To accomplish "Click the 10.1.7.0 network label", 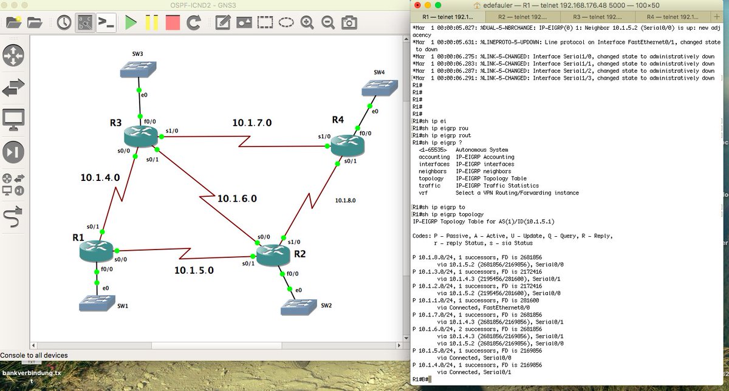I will point(252,123).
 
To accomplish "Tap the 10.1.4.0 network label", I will point(100,178).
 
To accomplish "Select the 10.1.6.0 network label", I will point(238,199).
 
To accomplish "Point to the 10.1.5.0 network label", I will point(194,271).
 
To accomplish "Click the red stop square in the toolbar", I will point(173,22).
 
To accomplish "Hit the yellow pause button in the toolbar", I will point(152,22).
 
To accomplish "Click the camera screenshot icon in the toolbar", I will point(349,22).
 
